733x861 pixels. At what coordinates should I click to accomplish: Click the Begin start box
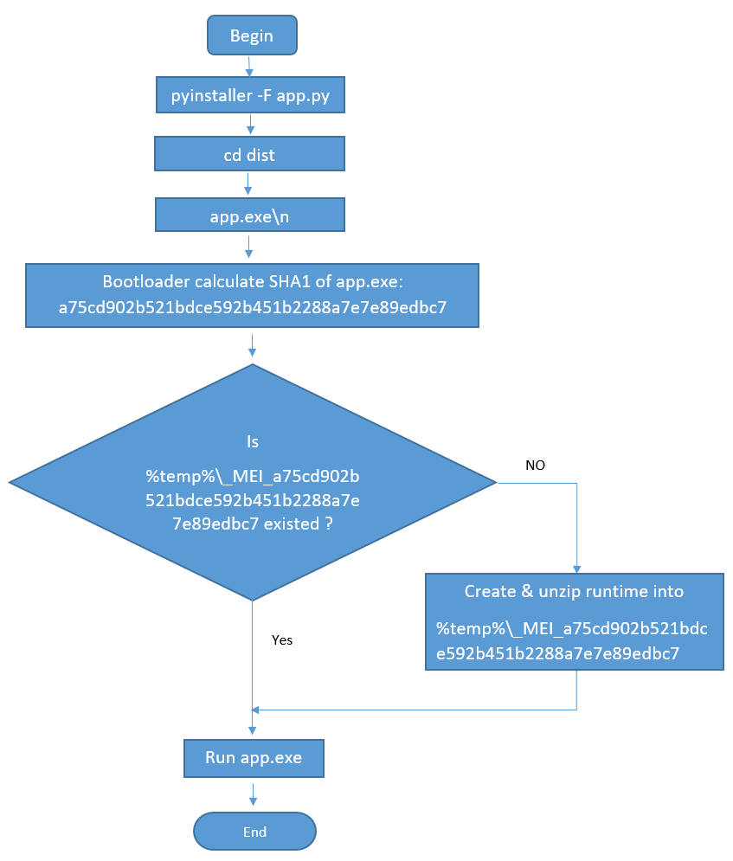coord(251,36)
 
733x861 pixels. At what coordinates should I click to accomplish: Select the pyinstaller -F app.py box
coord(250,95)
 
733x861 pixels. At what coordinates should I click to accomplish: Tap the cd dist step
coord(249,155)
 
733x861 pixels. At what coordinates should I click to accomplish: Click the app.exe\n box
coord(249,215)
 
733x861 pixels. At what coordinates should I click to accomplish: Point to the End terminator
coord(254,832)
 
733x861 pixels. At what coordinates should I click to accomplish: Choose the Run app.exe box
coord(254,758)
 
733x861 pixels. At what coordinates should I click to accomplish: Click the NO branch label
coord(535,466)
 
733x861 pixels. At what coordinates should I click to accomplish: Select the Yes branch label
coord(282,640)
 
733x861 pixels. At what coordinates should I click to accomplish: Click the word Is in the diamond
coord(253,442)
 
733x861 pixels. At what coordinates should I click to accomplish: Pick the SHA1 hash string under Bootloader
coord(252,307)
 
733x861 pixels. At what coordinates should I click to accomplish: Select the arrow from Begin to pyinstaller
coord(250,66)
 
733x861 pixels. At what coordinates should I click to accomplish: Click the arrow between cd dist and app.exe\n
coord(248,185)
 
